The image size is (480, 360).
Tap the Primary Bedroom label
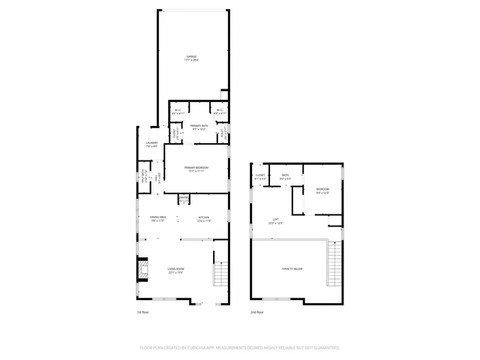(197, 168)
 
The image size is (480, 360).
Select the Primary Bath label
(199, 127)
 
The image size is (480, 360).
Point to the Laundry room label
(151, 145)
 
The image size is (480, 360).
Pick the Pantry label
(183, 199)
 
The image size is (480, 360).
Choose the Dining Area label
(158, 219)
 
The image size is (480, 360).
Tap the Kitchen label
(204, 219)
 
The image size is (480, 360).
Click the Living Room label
(175, 270)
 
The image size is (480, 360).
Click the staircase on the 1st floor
(220, 274)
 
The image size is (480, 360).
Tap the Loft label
(277, 221)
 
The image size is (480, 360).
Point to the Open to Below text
(292, 268)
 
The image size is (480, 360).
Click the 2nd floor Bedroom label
(322, 190)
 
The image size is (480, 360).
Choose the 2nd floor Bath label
(286, 178)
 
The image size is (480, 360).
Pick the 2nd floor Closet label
(260, 178)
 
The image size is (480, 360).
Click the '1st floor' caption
(142, 311)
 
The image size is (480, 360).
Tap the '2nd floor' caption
(256, 311)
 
